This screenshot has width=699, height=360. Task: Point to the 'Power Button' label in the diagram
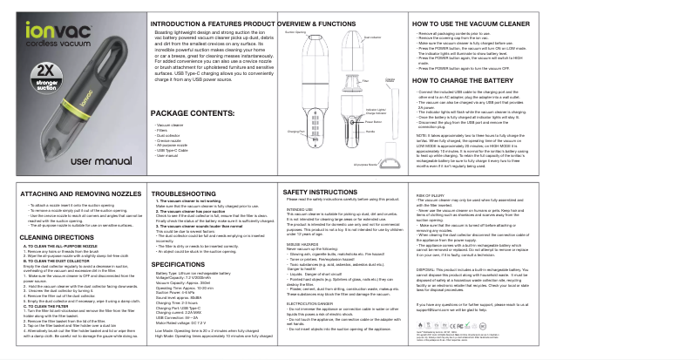376,122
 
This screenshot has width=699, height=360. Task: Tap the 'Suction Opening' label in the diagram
295,31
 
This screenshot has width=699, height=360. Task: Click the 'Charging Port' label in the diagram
295,131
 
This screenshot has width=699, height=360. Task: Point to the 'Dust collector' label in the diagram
372,38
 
